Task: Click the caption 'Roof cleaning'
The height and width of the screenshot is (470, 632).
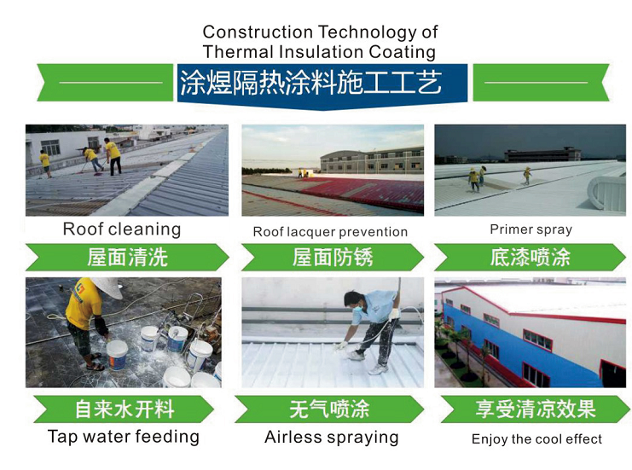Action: pos(122,229)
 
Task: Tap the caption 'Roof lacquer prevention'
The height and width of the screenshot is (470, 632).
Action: pos(330,232)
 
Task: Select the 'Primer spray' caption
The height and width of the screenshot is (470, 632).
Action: pos(531,229)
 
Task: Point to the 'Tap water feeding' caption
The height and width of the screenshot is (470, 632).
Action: pos(124,437)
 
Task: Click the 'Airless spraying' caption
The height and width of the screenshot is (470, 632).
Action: pos(331,438)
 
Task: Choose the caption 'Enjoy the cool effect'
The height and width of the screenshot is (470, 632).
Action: pos(536,439)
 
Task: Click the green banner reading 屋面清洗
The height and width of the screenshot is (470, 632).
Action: pos(127,257)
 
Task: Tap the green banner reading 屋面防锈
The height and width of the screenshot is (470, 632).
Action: pos(333,257)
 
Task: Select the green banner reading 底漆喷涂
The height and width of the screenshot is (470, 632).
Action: pos(530,257)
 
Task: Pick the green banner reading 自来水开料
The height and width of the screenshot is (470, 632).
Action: pos(124,409)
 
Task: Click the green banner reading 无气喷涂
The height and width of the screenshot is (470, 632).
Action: pos(329,409)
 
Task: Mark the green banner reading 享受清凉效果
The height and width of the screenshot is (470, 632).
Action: pos(536,409)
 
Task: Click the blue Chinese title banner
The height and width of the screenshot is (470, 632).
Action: pos(322,85)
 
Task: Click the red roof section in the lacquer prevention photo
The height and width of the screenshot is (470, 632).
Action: pos(362,194)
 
